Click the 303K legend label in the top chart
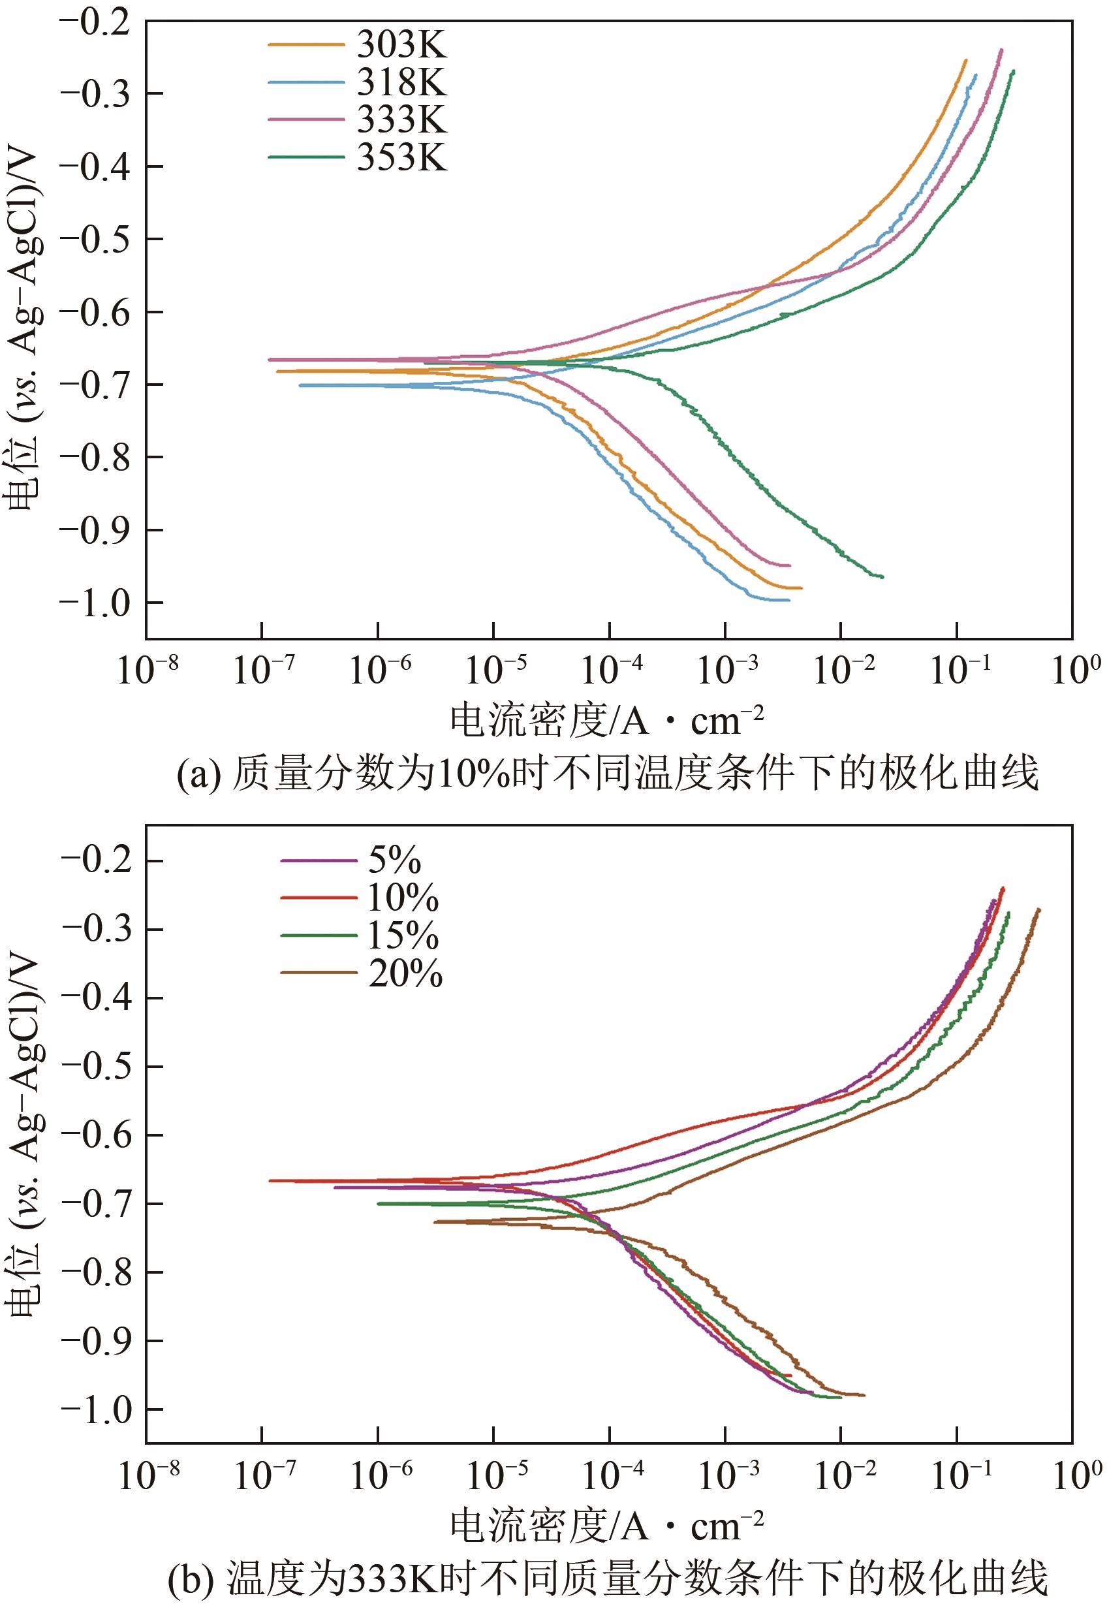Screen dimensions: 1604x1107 [401, 45]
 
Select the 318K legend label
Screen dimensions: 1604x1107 [401, 82]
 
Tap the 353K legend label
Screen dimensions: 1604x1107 [401, 157]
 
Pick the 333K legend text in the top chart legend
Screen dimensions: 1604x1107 [401, 119]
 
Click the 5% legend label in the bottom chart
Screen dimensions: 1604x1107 [395, 860]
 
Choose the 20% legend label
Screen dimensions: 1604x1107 [405, 973]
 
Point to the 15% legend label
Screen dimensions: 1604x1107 [403, 936]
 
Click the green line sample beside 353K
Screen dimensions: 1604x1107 [306, 157]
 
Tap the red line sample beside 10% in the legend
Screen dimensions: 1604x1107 [319, 898]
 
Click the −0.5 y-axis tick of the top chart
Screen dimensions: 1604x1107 [97, 240]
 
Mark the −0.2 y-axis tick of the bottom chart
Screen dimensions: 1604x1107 [97, 861]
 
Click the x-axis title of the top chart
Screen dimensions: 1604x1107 [607, 720]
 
